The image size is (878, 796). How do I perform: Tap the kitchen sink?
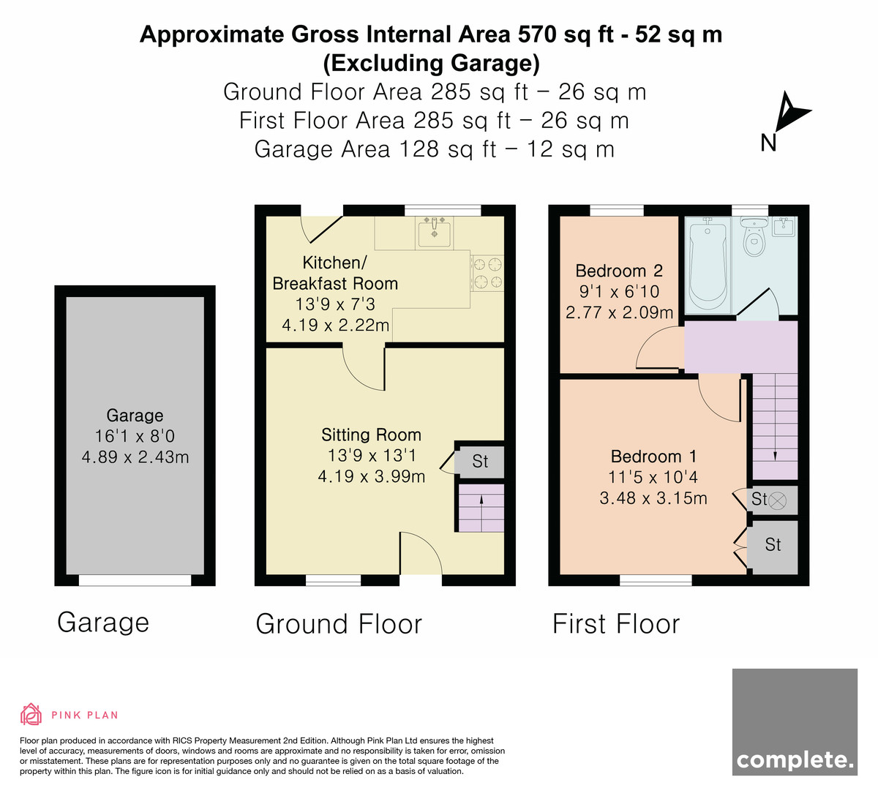point(434,232)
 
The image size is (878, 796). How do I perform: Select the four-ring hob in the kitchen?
point(487,273)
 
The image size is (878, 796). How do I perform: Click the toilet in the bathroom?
point(754,236)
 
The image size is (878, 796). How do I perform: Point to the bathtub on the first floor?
point(708,266)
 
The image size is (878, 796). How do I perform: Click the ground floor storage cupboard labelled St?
point(480,462)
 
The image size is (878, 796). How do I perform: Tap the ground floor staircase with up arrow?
point(481,508)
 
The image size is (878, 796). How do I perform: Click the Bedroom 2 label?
point(619,271)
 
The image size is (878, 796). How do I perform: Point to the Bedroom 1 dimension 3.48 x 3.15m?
point(653,498)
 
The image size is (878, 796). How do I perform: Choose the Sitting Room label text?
point(371,435)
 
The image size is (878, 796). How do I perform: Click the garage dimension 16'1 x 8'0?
point(135,436)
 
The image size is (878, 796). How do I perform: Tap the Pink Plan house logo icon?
point(31,714)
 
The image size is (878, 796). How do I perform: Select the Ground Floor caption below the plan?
point(339,623)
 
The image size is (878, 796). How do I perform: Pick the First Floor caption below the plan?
point(616,623)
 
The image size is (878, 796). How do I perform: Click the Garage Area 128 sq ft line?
point(434,149)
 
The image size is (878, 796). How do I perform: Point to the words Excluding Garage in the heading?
point(431,63)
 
